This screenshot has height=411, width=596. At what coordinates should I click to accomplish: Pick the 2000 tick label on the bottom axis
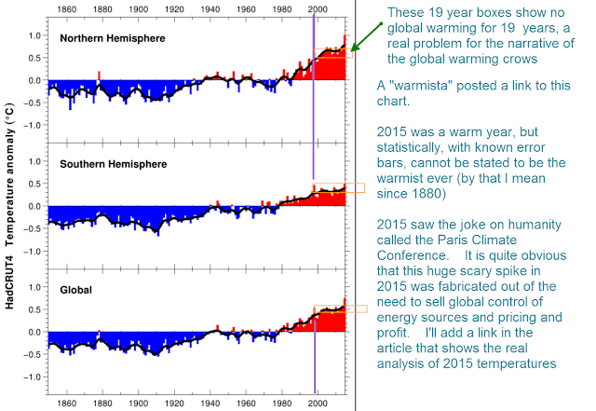318,403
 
